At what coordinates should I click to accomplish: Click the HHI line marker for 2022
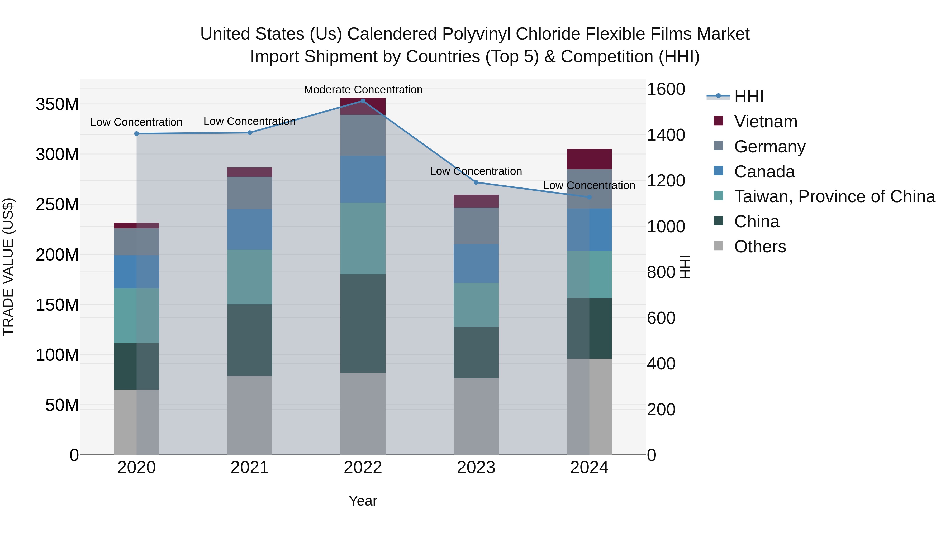pyautogui.click(x=363, y=101)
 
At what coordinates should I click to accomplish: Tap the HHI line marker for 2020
pyautogui.click(x=136, y=134)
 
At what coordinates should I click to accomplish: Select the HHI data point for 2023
pyautogui.click(x=476, y=182)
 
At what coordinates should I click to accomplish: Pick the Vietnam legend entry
pyautogui.click(x=765, y=122)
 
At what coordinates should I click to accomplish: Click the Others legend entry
pyautogui.click(x=760, y=247)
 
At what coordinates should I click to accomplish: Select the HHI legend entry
pyautogui.click(x=748, y=97)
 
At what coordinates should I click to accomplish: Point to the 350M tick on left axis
pyautogui.click(x=57, y=104)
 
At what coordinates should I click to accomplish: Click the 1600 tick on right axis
pyautogui.click(x=666, y=89)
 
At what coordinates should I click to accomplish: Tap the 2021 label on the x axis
pyautogui.click(x=250, y=468)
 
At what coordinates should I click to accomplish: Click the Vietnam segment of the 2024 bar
pyautogui.click(x=589, y=159)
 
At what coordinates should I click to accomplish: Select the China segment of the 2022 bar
pyautogui.click(x=363, y=323)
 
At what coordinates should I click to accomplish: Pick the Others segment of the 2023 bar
pyautogui.click(x=476, y=416)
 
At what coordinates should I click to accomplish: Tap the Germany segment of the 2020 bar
pyautogui.click(x=136, y=242)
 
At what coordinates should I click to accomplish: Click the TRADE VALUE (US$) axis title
pyautogui.click(x=8, y=267)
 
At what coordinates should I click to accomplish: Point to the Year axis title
pyautogui.click(x=363, y=501)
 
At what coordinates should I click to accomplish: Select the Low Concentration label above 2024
pyautogui.click(x=589, y=185)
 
